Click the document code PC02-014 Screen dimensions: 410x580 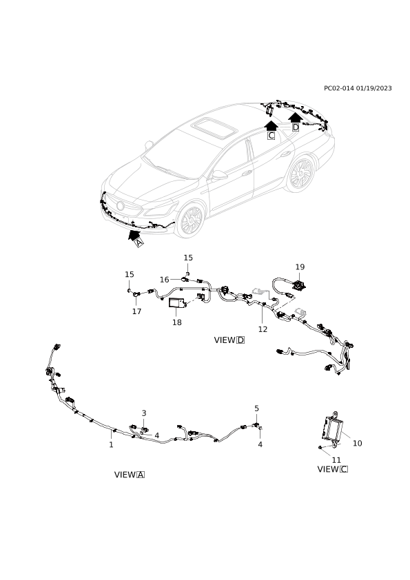tap(339, 88)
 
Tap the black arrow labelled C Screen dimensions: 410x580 tap(271, 125)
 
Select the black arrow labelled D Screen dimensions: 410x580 tap(295, 117)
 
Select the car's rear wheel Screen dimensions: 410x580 tap(301, 174)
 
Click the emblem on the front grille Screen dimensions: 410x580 tap(121, 206)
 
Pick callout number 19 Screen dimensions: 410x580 tap(300, 267)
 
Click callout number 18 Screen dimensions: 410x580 tap(177, 322)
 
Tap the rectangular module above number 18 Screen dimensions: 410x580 tap(177, 303)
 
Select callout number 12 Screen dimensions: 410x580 tap(263, 329)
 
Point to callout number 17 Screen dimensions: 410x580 tap(137, 311)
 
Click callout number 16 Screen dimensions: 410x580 tap(164, 280)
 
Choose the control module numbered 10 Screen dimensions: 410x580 tap(332, 428)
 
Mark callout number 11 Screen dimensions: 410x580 tap(336, 459)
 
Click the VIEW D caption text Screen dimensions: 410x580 tap(229, 340)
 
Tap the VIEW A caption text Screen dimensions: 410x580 tap(130, 475)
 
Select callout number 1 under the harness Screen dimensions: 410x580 tap(111, 444)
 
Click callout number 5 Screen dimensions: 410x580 tap(257, 408)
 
